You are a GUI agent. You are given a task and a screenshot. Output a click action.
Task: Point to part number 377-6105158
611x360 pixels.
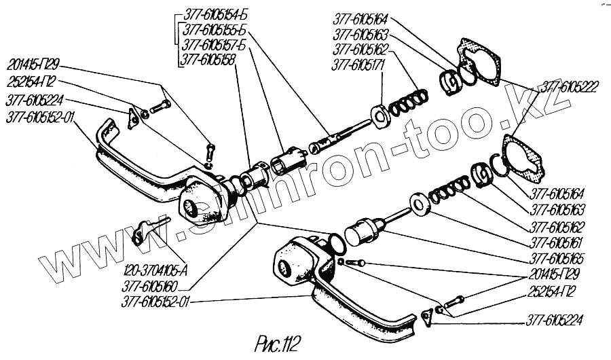pyautogui.click(x=206, y=60)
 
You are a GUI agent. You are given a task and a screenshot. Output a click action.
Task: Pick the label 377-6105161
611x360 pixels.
pyautogui.click(x=557, y=241)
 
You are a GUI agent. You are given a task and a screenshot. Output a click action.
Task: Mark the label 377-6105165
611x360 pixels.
pyautogui.click(x=557, y=259)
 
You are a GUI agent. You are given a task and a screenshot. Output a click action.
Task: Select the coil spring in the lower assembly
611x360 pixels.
pyautogui.click(x=451, y=190)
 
